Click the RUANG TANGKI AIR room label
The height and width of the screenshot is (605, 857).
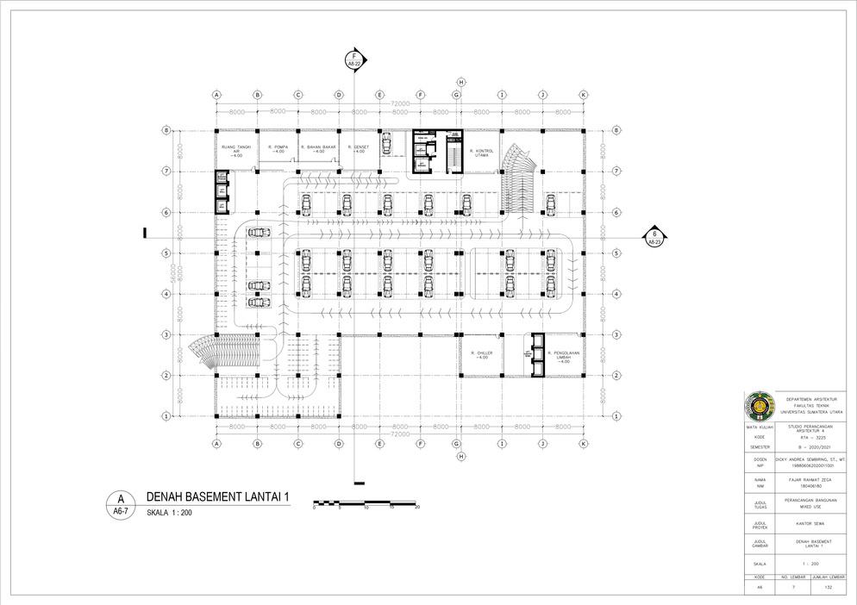235,151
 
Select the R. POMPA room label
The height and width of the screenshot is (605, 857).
277,148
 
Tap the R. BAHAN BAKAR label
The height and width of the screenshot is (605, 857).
318,148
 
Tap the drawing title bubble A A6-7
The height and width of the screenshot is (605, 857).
121,503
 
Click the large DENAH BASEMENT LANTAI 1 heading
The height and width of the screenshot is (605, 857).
216,496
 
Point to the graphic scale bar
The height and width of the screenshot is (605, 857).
366,502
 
